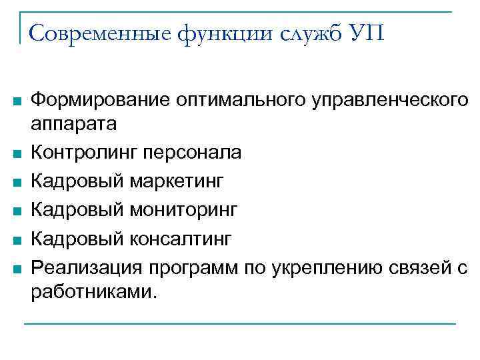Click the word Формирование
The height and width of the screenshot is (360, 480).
click(100, 100)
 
